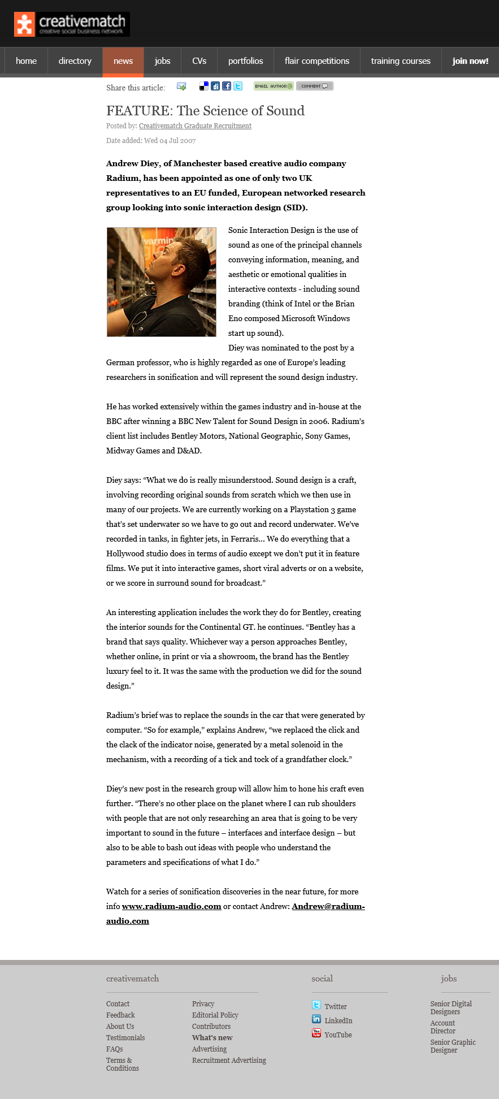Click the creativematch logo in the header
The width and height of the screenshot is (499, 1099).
pos(72,24)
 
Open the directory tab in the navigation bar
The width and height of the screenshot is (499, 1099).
pos(75,61)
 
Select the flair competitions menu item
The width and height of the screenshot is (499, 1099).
pos(317,61)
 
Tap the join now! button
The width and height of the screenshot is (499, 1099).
pos(470,61)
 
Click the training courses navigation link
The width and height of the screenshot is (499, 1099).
pos(401,61)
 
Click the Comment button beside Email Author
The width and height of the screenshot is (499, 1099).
pos(315,86)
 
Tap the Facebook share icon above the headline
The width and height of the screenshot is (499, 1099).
pos(227,86)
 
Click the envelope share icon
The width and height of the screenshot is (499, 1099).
pos(181,86)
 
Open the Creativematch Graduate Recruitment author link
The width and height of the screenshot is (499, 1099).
pos(195,126)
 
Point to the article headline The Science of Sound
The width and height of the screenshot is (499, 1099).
pos(205,111)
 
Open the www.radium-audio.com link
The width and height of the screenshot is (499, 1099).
pos(172,906)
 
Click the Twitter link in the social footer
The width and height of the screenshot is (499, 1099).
pos(336,1007)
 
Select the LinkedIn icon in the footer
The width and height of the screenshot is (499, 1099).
pos(316,1019)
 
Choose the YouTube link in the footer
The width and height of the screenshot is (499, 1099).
pos(338,1035)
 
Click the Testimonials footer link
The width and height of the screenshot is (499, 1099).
pos(125,1038)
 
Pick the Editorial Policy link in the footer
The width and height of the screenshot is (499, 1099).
pos(215,1015)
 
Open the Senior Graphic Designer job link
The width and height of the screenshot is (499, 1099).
pos(453,1046)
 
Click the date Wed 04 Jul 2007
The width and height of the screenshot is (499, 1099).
pos(170,141)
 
